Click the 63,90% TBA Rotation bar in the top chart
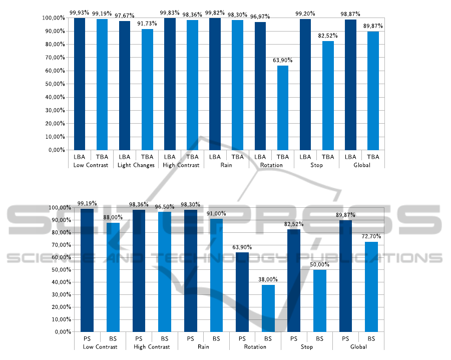(283, 108)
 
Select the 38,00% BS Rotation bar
(268, 308)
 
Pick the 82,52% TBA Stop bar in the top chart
(328, 95)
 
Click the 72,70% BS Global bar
(371, 286)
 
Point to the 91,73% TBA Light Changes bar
(147, 89)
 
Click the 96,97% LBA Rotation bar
(260, 86)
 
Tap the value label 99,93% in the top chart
(79, 13)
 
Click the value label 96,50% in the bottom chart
(164, 206)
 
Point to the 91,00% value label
(216, 213)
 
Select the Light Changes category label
(136, 165)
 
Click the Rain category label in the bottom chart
(203, 346)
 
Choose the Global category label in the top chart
(361, 165)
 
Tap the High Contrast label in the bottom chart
(152, 346)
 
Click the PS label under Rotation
(242, 338)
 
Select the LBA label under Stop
(305, 157)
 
